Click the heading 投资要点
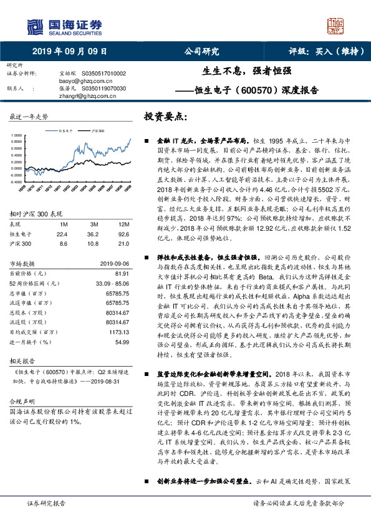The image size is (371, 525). [165, 117]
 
